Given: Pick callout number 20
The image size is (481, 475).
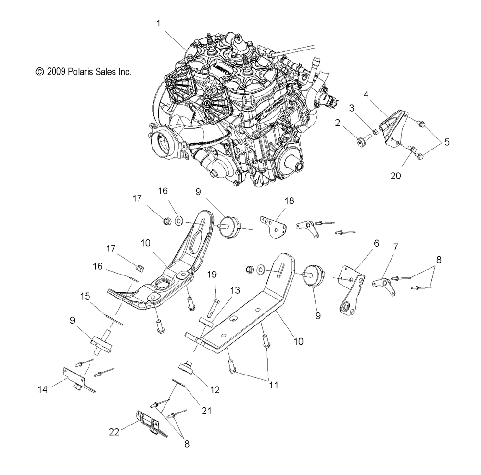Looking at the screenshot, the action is [395, 176].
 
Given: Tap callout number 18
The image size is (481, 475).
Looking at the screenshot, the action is [290, 200].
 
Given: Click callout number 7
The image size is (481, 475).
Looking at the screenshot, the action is [395, 247].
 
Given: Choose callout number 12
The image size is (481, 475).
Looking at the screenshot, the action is [214, 390].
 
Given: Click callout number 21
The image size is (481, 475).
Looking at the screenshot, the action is [207, 410].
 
